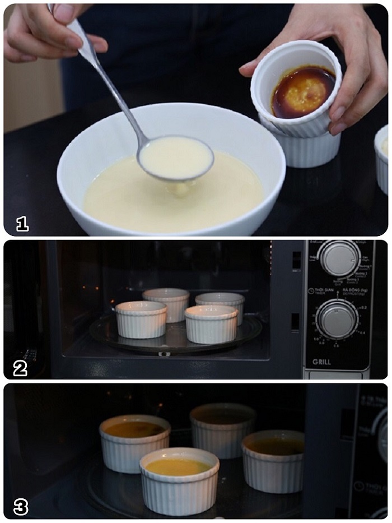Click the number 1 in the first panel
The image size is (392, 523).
click(22, 224)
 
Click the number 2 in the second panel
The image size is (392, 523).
click(20, 368)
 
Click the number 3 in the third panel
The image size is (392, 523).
click(21, 507)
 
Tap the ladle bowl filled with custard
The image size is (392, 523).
click(176, 158)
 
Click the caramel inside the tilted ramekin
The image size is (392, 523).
click(303, 91)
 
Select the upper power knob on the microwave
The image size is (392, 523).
click(340, 258)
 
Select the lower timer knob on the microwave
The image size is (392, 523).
click(337, 320)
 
